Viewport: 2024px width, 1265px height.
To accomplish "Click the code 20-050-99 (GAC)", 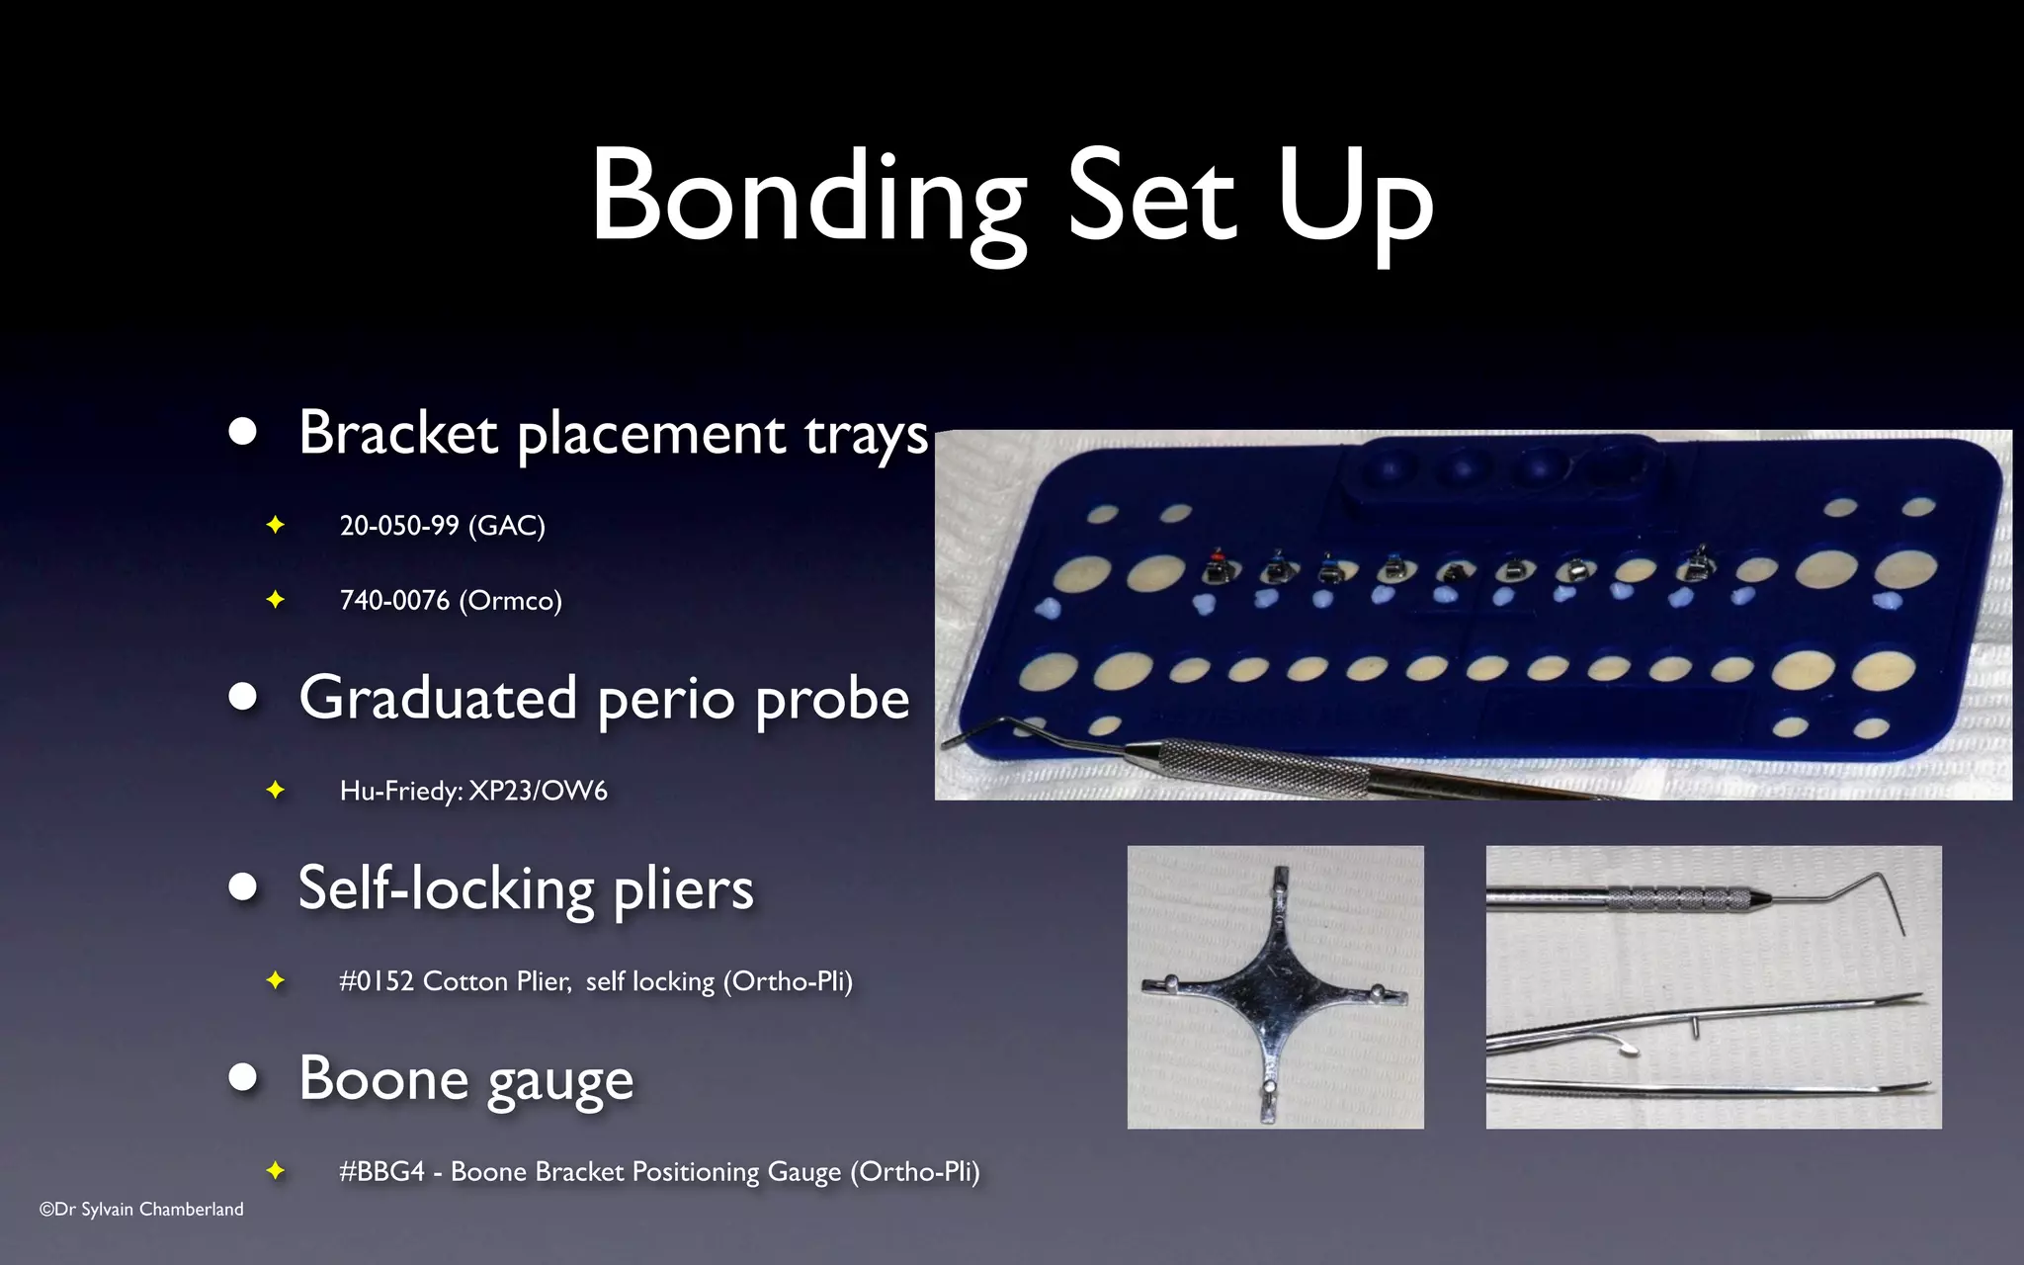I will [x=442, y=525].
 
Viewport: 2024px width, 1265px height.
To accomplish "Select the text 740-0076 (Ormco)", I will [x=450, y=600].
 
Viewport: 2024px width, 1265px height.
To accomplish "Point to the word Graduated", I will [x=438, y=698].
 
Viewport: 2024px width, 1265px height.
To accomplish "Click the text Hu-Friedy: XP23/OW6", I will [x=472, y=791].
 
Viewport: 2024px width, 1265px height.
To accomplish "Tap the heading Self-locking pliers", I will [x=526, y=887].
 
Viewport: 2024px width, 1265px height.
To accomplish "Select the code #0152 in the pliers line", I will [x=375, y=981].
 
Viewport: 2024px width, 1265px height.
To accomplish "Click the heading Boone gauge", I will [x=465, y=1078].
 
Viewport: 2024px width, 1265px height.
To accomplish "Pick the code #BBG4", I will [x=381, y=1172].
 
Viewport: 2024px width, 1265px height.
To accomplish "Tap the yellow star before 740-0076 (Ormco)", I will [x=276, y=600].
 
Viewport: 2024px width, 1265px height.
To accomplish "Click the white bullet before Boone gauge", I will [x=242, y=1077].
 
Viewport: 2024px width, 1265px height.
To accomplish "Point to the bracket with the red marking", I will [x=1216, y=568].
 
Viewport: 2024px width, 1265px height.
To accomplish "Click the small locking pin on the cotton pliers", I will [x=1695, y=1029].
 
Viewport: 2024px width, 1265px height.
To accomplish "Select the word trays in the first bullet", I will [x=866, y=435].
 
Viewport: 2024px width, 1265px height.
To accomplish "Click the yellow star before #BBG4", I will [x=276, y=1171].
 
